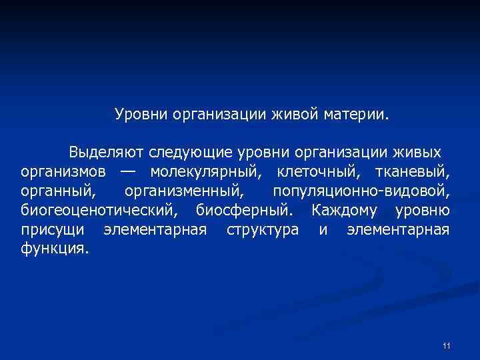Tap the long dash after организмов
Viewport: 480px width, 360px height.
[x=127, y=173]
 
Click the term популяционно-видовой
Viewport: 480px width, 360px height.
[x=361, y=192]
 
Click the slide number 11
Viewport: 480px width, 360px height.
[x=446, y=345]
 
